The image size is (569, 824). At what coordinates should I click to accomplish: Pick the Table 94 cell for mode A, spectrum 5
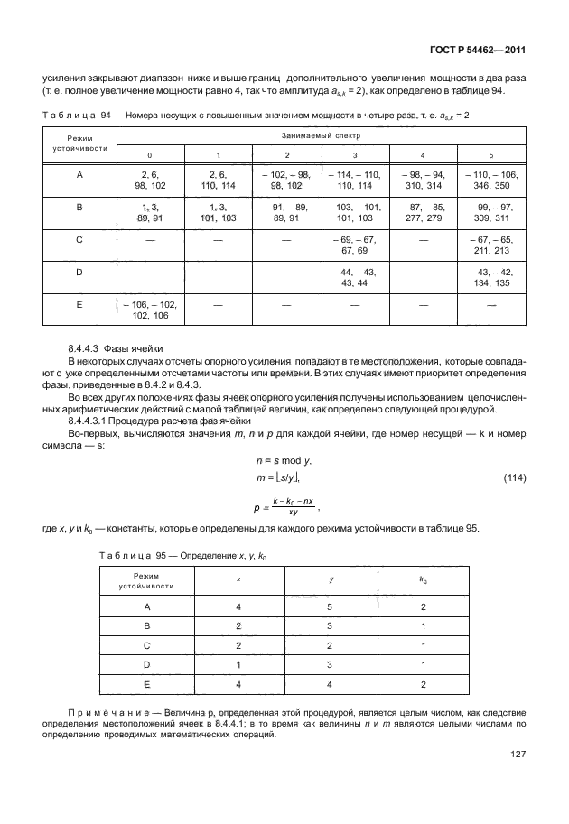point(490,179)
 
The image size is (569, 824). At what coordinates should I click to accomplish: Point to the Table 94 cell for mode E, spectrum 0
point(150,310)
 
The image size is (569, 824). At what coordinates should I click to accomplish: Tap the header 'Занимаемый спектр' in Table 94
point(321,134)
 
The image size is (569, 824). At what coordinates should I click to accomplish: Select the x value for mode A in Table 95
point(238,607)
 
